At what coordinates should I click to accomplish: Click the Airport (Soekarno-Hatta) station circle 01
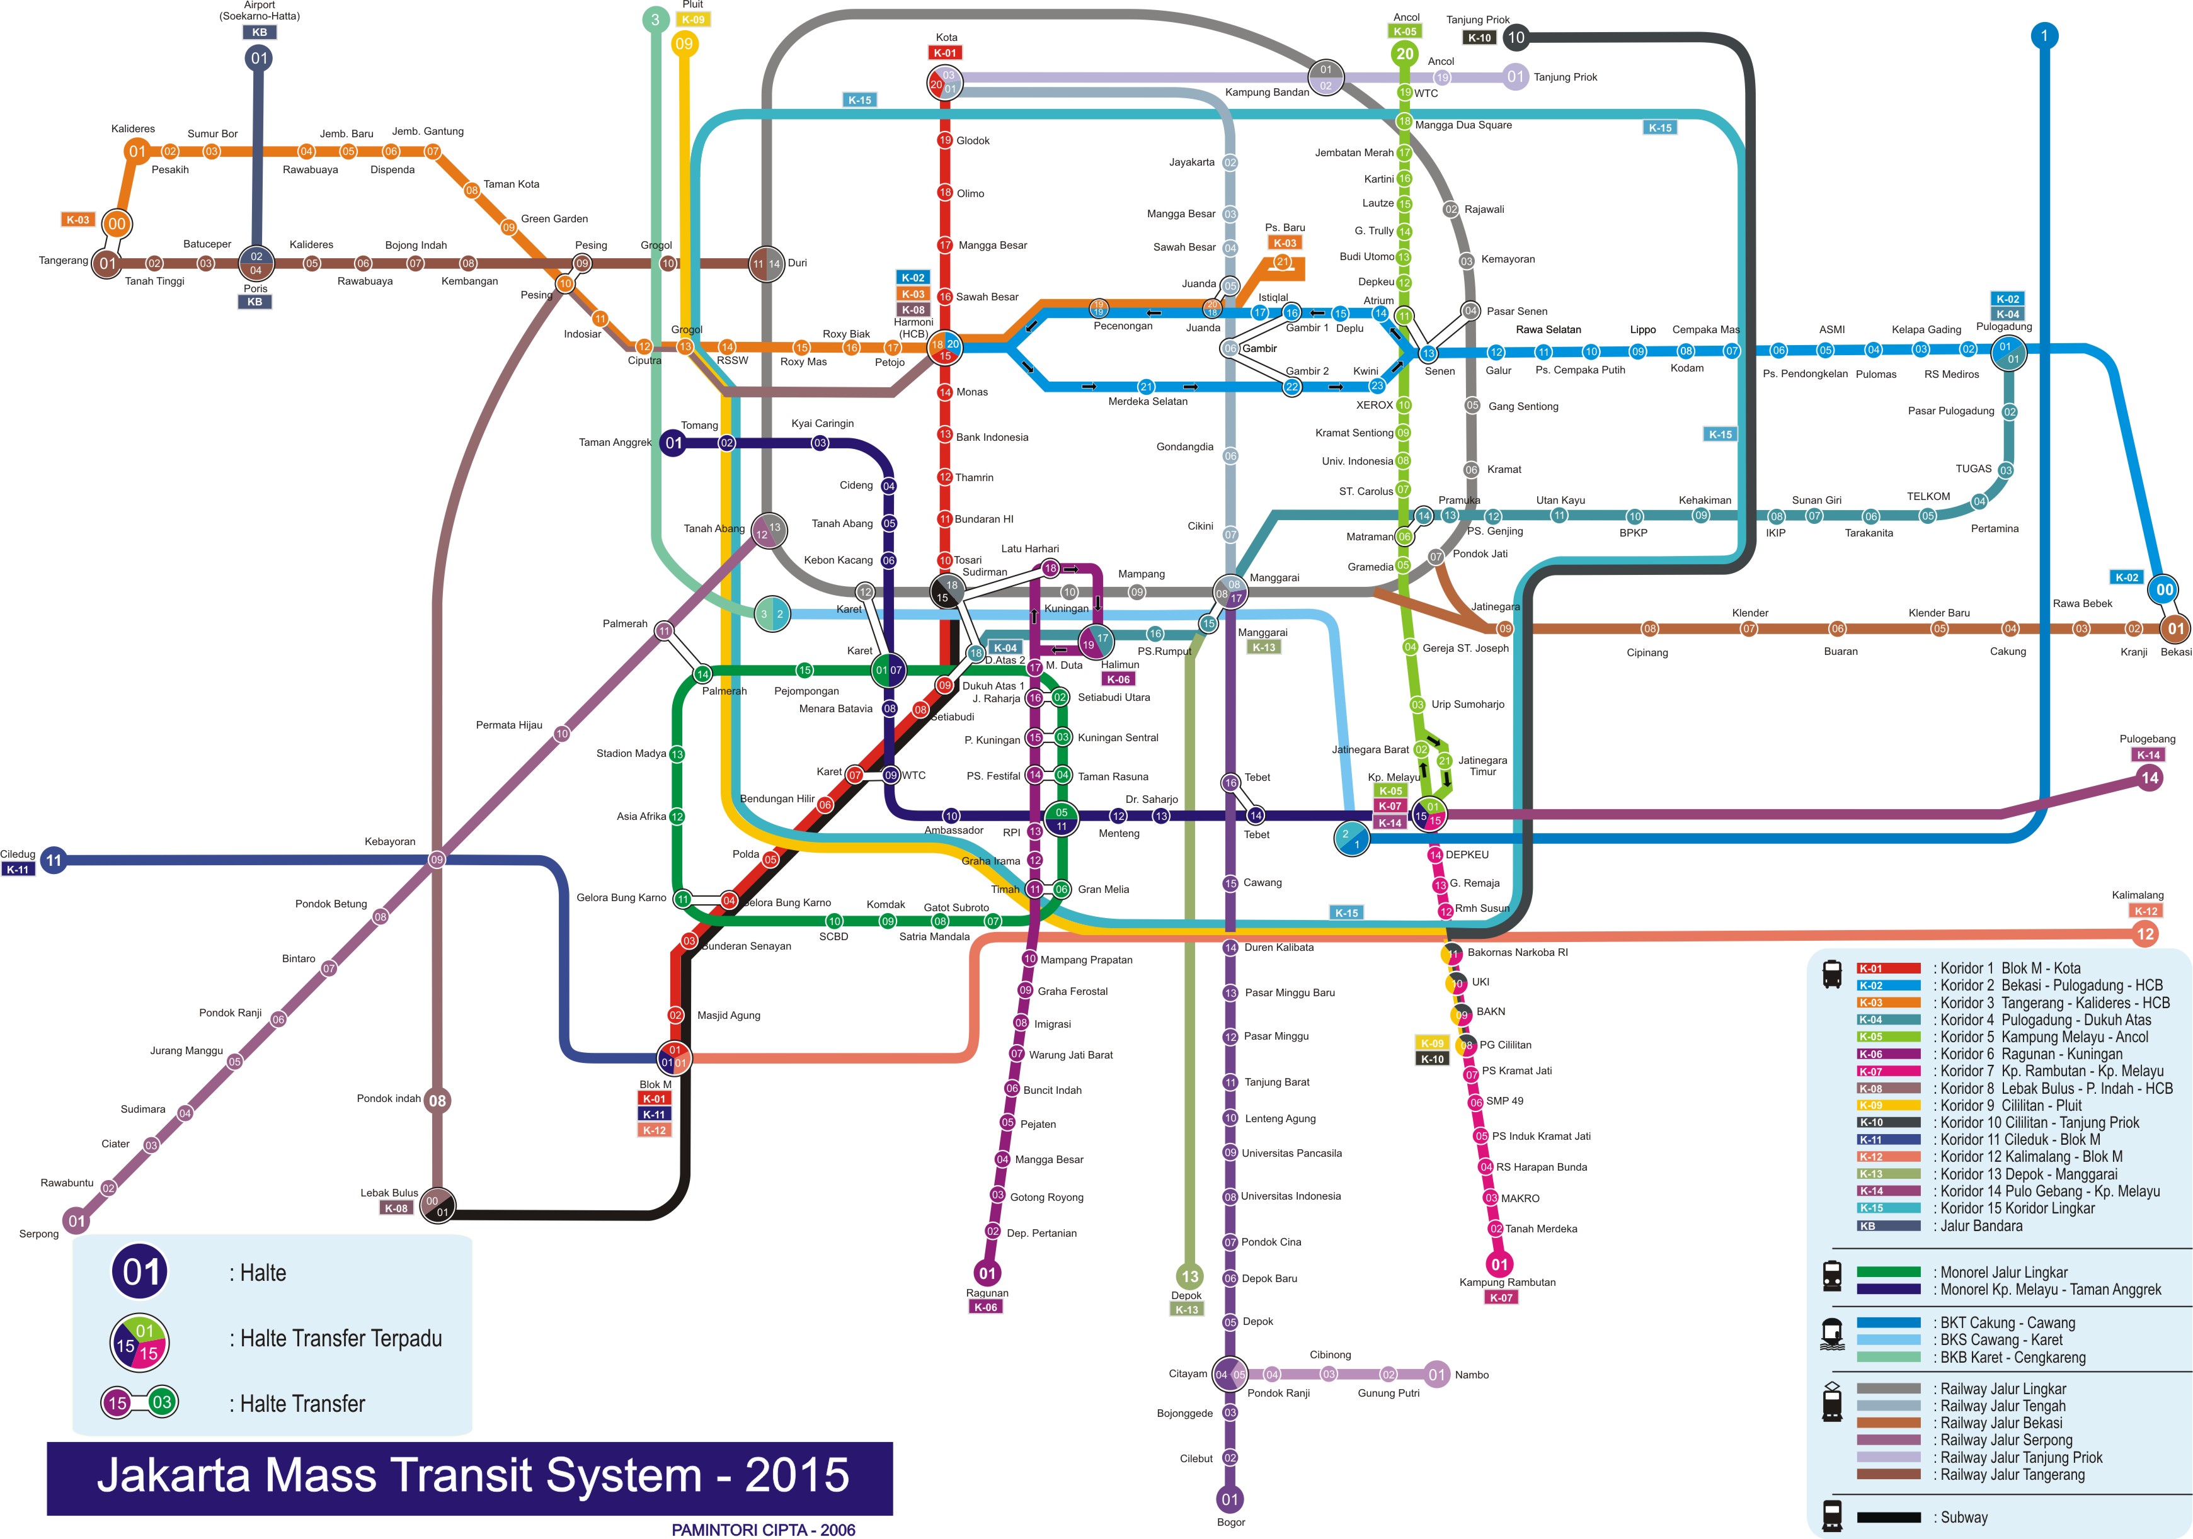259,58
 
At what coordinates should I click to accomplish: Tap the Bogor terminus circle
1230,1499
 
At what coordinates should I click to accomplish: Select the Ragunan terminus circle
988,1273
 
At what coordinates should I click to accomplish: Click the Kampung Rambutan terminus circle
1499,1265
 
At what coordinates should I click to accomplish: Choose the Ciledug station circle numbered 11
54,860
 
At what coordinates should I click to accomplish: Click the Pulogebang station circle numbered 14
2149,778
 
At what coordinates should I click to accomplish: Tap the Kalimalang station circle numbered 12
2145,934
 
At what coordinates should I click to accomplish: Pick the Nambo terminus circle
1436,1375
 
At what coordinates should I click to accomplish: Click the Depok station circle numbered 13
1189,1276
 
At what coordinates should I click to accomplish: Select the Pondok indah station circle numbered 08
437,1101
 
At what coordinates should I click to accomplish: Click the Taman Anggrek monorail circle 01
674,443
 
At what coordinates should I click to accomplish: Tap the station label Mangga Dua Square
1463,125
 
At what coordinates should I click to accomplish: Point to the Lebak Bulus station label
389,1193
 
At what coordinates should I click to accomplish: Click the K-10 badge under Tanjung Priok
1479,38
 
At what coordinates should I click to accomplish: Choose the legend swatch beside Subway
1888,1517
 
